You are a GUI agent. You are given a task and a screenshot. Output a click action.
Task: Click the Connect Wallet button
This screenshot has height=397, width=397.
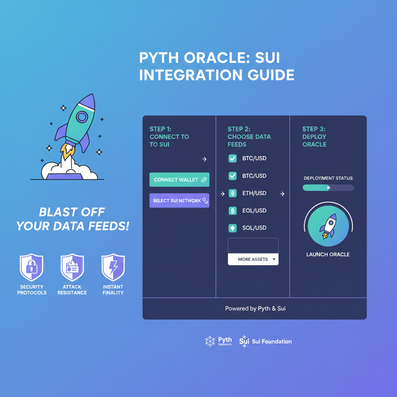point(179,180)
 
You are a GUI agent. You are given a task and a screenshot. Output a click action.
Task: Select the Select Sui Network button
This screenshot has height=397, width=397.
point(179,201)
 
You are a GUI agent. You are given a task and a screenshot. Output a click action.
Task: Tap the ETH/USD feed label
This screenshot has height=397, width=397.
point(254,193)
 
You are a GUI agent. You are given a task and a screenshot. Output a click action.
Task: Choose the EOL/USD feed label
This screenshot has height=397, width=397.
point(254,211)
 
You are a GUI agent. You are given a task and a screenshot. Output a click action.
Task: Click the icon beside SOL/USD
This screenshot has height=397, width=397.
point(233,228)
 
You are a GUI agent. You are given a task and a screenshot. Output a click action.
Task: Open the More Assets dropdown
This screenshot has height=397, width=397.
point(253,259)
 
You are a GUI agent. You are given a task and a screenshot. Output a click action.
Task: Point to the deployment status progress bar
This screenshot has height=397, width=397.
point(328,188)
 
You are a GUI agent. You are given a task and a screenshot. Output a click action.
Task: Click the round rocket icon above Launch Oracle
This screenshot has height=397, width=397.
point(328,226)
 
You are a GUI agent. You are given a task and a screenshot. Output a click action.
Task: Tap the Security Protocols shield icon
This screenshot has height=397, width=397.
point(31,268)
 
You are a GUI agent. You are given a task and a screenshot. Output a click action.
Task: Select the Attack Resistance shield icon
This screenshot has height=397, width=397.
point(72,268)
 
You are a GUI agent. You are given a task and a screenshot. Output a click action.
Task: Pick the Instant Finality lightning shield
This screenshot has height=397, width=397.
point(113,268)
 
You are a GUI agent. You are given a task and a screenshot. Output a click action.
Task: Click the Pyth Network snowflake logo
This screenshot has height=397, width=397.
point(210,341)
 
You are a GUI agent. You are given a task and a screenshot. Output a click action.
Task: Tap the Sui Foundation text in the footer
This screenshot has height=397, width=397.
point(271,342)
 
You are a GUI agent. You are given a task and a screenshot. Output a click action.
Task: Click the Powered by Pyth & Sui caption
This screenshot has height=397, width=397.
point(255,309)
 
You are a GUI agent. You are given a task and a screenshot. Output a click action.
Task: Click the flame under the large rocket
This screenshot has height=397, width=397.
point(68,152)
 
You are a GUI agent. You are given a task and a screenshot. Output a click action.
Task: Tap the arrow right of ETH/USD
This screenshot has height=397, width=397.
point(282,193)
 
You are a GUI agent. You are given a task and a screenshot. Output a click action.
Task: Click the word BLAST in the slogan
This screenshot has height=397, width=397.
point(56,212)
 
